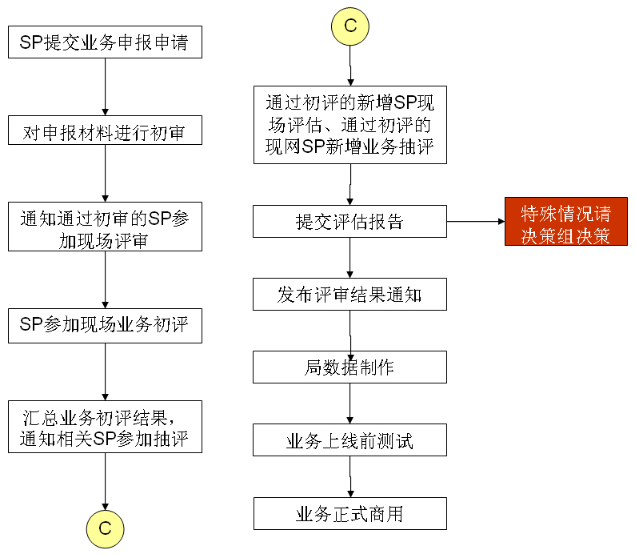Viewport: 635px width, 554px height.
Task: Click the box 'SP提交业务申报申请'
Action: coord(105,42)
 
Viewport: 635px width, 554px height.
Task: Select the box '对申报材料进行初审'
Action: coord(105,130)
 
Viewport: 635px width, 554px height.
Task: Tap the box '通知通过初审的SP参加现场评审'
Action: coord(105,227)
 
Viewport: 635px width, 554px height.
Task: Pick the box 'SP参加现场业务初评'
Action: coord(105,326)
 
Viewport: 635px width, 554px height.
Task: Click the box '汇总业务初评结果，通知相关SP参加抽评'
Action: coord(105,427)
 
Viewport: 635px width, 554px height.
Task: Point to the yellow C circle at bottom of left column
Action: coord(105,529)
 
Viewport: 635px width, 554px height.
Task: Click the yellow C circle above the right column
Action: coord(350,26)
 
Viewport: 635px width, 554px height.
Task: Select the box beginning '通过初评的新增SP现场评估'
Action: coord(350,125)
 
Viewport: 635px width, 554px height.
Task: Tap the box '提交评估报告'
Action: coord(350,221)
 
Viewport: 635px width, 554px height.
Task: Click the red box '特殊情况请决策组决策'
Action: coord(566,221)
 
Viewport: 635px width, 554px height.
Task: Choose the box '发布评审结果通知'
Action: coord(350,295)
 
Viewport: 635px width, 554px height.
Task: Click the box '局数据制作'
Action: coord(350,367)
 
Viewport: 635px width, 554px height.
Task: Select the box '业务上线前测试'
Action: coord(350,440)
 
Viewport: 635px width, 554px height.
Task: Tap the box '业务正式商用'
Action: coord(350,513)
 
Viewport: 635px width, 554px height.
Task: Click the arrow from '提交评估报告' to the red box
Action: coord(476,221)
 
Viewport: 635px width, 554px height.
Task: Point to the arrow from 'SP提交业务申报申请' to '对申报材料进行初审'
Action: coord(105,86)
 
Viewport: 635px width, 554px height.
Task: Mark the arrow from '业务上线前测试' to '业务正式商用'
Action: coord(350,476)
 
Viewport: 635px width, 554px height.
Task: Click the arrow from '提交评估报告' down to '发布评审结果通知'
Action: coord(350,258)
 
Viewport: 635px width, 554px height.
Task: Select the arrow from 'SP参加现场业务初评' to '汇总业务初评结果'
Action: coord(105,372)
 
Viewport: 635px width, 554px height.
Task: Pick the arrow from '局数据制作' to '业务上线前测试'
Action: coord(350,403)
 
